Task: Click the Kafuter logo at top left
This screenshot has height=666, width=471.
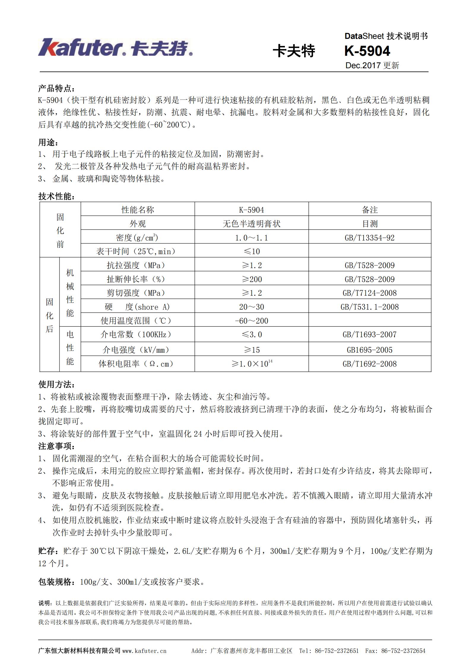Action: click(x=115, y=48)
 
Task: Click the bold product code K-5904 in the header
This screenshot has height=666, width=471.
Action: click(x=367, y=51)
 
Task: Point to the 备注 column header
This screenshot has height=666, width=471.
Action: click(x=369, y=210)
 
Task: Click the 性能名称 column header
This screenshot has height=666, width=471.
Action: click(x=138, y=210)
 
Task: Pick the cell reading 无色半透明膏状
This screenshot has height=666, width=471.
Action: click(x=251, y=224)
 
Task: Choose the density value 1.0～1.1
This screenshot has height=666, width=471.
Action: click(x=251, y=238)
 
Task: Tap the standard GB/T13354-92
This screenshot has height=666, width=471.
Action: click(x=369, y=238)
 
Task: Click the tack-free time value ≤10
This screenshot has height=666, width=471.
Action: click(x=251, y=252)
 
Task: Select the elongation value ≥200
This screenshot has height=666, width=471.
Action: click(x=251, y=279)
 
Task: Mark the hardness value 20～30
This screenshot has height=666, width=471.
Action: click(x=251, y=307)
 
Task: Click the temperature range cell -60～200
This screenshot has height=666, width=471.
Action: click(x=251, y=321)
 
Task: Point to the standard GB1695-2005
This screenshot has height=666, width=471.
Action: click(x=369, y=350)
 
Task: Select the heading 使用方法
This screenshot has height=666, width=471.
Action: click(x=56, y=384)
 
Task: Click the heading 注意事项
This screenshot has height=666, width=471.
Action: click(x=56, y=446)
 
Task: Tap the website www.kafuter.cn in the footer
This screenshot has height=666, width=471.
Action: click(x=144, y=651)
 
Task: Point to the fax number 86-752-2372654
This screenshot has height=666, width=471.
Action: click(x=403, y=651)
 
